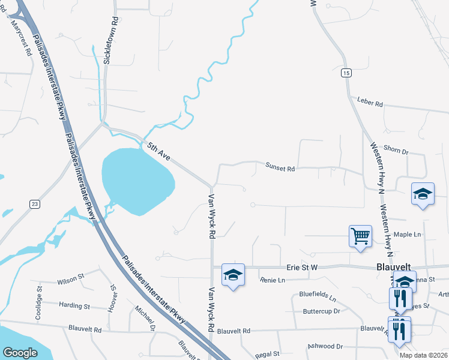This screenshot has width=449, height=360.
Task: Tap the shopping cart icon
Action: (x=360, y=236)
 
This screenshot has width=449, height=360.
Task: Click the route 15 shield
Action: (x=346, y=73)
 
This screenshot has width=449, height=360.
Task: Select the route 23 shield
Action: (x=35, y=205)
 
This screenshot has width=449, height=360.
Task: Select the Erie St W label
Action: (x=301, y=271)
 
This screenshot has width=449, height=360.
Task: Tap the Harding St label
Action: (x=74, y=305)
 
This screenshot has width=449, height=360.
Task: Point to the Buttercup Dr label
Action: (x=321, y=311)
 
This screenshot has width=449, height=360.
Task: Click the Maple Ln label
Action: (x=407, y=234)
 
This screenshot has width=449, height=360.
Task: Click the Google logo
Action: (x=20, y=352)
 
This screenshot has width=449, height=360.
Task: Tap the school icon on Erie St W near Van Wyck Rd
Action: (x=233, y=275)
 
